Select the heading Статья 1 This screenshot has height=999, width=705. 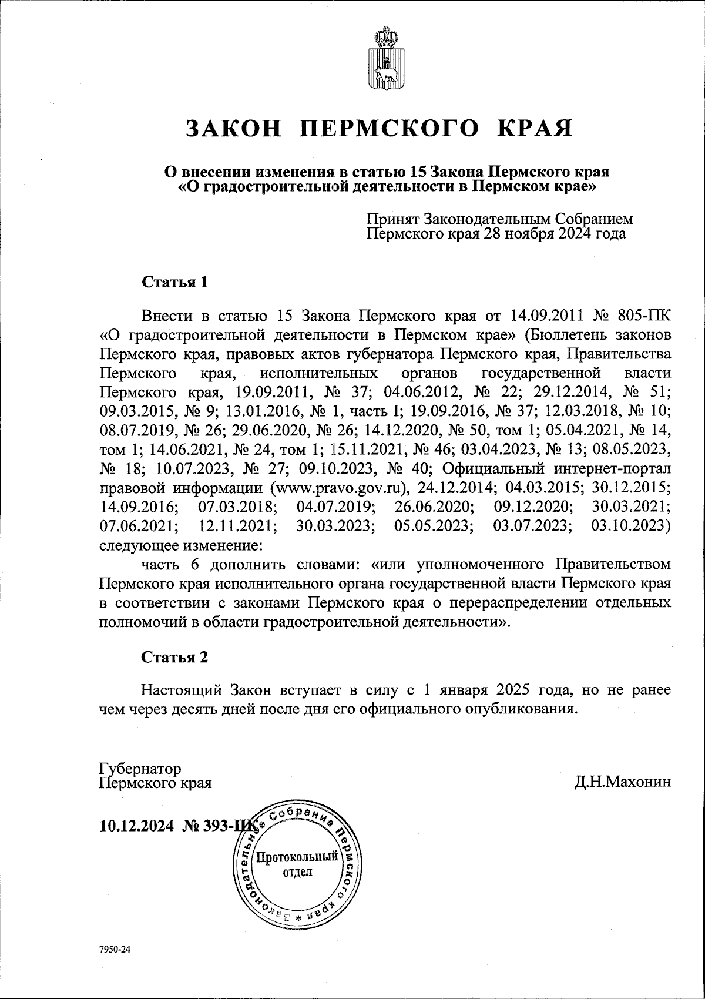click(x=174, y=282)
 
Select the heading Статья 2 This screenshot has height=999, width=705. click(x=174, y=657)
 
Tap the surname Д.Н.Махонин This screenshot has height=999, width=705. click(x=623, y=782)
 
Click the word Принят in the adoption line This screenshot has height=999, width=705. click(x=392, y=219)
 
